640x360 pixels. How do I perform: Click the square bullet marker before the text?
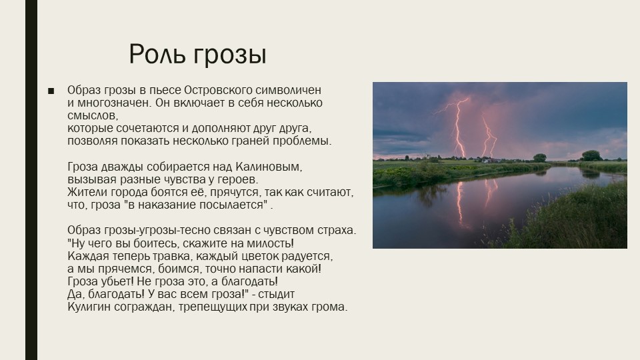point(51,91)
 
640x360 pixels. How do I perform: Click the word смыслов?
point(93,115)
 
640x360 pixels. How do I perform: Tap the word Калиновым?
point(269,167)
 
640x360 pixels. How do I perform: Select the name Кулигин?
point(89,307)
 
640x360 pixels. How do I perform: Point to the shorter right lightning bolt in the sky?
point(489,137)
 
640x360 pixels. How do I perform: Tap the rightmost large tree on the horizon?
point(591,155)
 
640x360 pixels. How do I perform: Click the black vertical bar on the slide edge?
point(31,180)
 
